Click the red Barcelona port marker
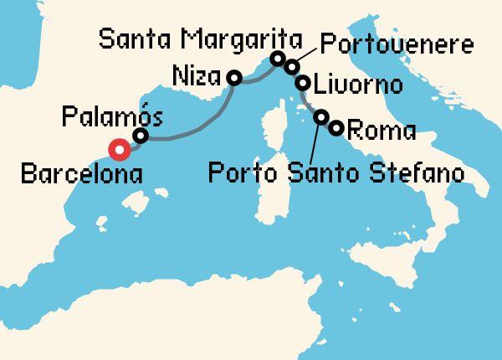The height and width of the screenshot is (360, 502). (x=120, y=150)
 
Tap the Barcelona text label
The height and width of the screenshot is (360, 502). (x=80, y=176)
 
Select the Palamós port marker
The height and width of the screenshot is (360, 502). (x=141, y=136)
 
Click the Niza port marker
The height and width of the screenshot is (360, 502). (x=234, y=78)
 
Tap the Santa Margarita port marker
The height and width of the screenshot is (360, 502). (x=277, y=59)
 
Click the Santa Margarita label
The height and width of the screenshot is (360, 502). (x=199, y=39)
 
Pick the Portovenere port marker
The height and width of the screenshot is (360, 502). (x=291, y=66)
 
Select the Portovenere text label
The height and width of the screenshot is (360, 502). (x=397, y=44)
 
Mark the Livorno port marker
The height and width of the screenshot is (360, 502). (x=304, y=84)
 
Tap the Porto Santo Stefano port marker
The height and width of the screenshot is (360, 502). (x=321, y=117)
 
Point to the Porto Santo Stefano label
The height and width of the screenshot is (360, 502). (x=336, y=174)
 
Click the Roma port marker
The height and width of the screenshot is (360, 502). (x=336, y=128)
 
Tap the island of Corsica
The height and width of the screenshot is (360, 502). (x=271, y=130)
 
